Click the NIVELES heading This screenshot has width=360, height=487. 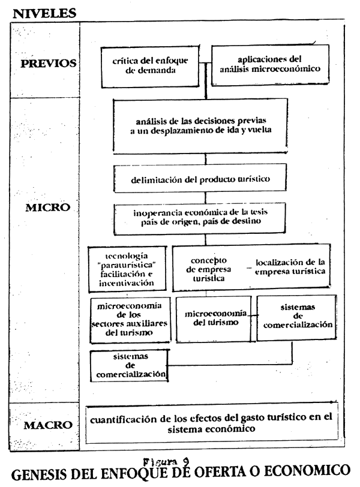click(x=44, y=13)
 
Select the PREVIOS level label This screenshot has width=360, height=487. click(x=49, y=64)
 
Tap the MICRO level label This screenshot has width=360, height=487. click(x=48, y=208)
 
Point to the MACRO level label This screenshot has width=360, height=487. click(x=48, y=425)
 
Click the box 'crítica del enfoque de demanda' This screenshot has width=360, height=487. click(x=150, y=67)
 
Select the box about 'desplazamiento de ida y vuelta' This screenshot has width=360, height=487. click(x=200, y=125)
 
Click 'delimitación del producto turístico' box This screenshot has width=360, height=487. click(x=200, y=178)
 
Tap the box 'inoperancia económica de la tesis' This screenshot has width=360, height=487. click(x=199, y=219)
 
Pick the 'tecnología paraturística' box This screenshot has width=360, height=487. click(x=127, y=269)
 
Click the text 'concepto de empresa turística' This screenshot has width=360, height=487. click(x=208, y=269)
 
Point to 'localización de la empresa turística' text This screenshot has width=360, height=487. click(x=290, y=267)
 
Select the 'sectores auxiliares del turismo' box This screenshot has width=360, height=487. click(x=130, y=320)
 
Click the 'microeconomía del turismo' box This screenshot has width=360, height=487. click(x=214, y=319)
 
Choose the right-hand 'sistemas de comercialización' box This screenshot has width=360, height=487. click(x=296, y=317)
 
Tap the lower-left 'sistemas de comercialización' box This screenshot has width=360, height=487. click(x=129, y=366)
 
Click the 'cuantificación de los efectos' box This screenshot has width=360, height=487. click(x=212, y=423)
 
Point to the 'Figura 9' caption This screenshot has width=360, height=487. click(x=166, y=462)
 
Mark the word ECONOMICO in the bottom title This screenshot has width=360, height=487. click(x=308, y=471)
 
